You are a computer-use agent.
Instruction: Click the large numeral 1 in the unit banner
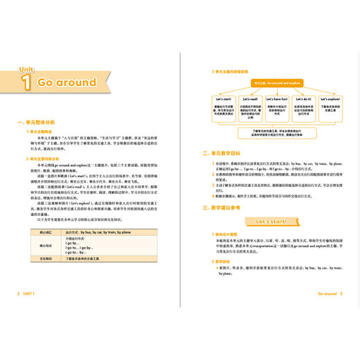coord(26,82)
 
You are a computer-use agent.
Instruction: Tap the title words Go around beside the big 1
coord(67,82)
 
